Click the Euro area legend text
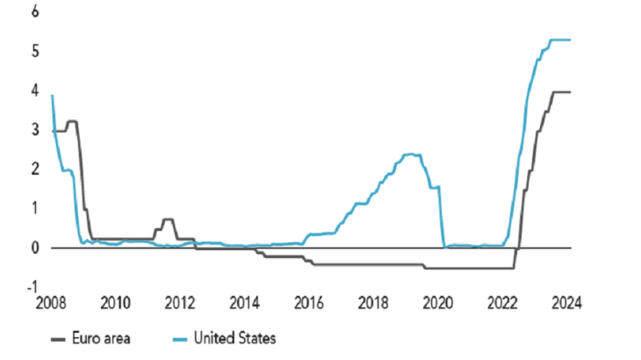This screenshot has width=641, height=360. coord(103,337)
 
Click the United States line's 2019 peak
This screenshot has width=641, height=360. coord(410,155)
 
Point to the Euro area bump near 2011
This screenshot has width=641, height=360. coord(168,220)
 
